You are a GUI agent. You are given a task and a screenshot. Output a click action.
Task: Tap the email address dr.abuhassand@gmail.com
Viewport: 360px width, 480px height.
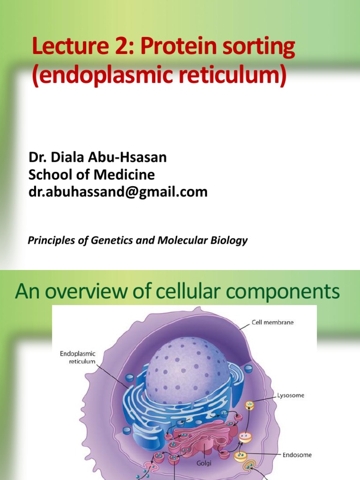coord(118,192)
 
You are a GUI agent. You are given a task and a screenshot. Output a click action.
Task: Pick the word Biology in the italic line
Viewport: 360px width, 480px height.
coord(227,241)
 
